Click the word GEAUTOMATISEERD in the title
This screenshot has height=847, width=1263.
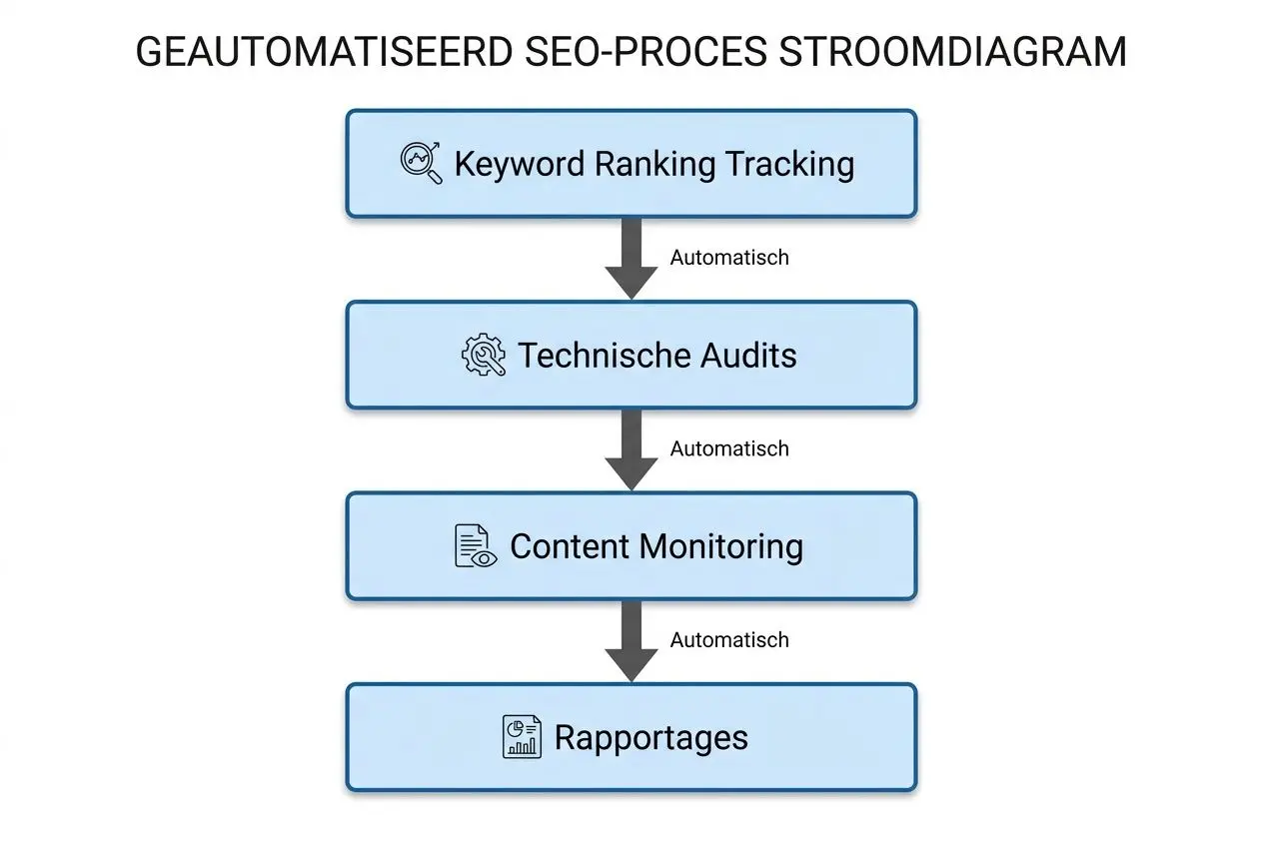[324, 52]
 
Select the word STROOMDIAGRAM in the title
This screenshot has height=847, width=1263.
[953, 52]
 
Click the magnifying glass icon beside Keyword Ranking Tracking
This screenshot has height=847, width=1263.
[421, 163]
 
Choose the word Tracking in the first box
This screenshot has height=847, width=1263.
[790, 164]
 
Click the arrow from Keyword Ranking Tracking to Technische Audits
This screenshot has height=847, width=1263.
[631, 258]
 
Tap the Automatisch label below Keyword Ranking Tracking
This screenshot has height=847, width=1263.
[729, 258]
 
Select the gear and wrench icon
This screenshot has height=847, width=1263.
[483, 356]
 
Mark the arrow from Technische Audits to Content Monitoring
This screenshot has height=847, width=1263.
[631, 449]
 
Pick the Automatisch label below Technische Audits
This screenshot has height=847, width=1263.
[729, 449]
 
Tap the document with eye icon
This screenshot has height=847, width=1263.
[474, 546]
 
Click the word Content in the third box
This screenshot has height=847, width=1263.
[570, 546]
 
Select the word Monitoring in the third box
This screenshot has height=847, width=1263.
[720, 546]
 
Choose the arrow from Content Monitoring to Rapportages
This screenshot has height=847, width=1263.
[631, 640]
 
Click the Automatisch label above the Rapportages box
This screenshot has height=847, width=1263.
[729, 640]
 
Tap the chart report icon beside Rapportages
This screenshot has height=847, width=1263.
[521, 737]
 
